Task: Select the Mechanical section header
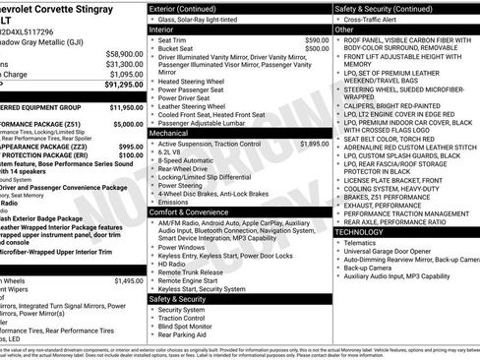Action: pos(168,133)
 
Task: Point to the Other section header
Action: pos(344,29)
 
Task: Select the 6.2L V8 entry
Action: pos(173,152)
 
